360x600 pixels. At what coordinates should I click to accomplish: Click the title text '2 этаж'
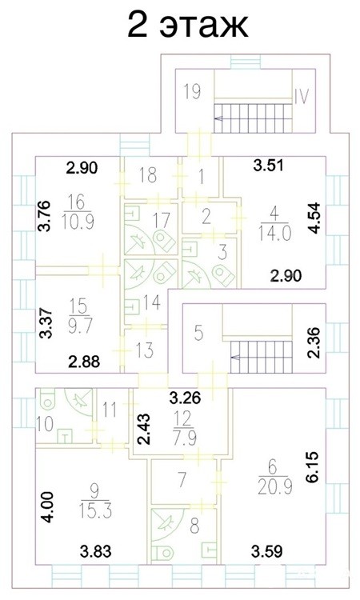click(x=188, y=26)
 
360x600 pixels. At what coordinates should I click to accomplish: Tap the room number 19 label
click(x=192, y=91)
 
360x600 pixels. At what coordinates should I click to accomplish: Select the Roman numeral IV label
click(x=302, y=96)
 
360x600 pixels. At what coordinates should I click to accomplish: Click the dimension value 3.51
click(x=269, y=166)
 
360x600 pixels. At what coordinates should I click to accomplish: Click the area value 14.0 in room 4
click(x=274, y=233)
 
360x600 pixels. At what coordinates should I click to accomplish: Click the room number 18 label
click(x=148, y=175)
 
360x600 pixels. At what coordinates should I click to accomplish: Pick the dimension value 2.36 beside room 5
click(x=315, y=342)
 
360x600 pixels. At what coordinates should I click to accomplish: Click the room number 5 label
click(x=198, y=334)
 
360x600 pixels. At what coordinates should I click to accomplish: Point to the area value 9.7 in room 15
click(x=79, y=326)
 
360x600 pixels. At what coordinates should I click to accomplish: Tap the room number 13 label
click(x=145, y=350)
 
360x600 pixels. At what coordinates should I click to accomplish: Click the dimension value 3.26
click(x=185, y=398)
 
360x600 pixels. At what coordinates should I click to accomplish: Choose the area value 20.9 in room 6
click(x=275, y=486)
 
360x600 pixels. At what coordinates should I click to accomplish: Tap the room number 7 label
click(x=182, y=478)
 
